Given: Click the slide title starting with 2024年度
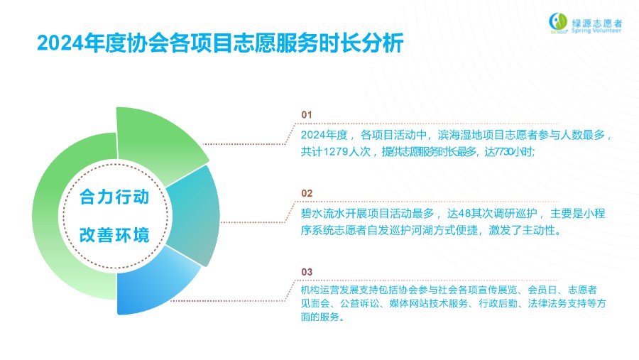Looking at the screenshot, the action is [220, 43].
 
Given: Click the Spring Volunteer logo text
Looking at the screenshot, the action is [596, 30].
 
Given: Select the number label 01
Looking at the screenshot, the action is [307, 115].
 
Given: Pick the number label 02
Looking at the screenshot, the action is [307, 193].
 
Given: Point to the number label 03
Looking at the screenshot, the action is [307, 272].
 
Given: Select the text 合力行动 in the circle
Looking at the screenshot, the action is [114, 197].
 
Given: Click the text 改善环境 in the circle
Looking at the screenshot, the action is [114, 235].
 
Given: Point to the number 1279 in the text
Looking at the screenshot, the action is [335, 152].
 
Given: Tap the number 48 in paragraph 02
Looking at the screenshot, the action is [459, 213].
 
